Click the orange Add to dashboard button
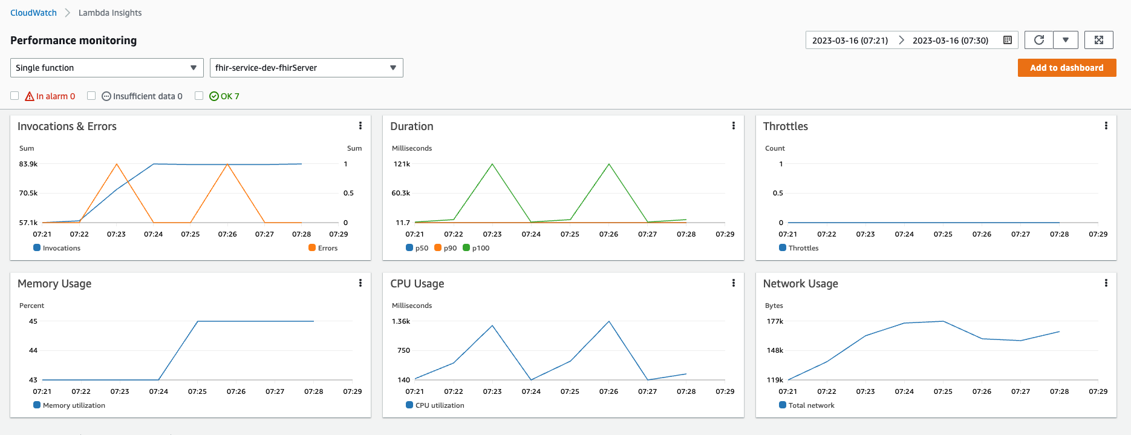1066,68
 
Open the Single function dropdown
106,68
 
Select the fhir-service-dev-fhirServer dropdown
306,68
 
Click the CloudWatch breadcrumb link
33,13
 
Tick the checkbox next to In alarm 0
15,96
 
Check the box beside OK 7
199,96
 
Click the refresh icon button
1038,40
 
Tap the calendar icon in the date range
1008,40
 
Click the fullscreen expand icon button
1098,40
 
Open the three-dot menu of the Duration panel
734,126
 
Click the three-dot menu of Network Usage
1106,283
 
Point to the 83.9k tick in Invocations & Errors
28,164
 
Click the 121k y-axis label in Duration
402,164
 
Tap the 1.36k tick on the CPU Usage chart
401,321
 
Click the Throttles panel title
785,126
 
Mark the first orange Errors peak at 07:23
117,164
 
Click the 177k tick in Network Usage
775,321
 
